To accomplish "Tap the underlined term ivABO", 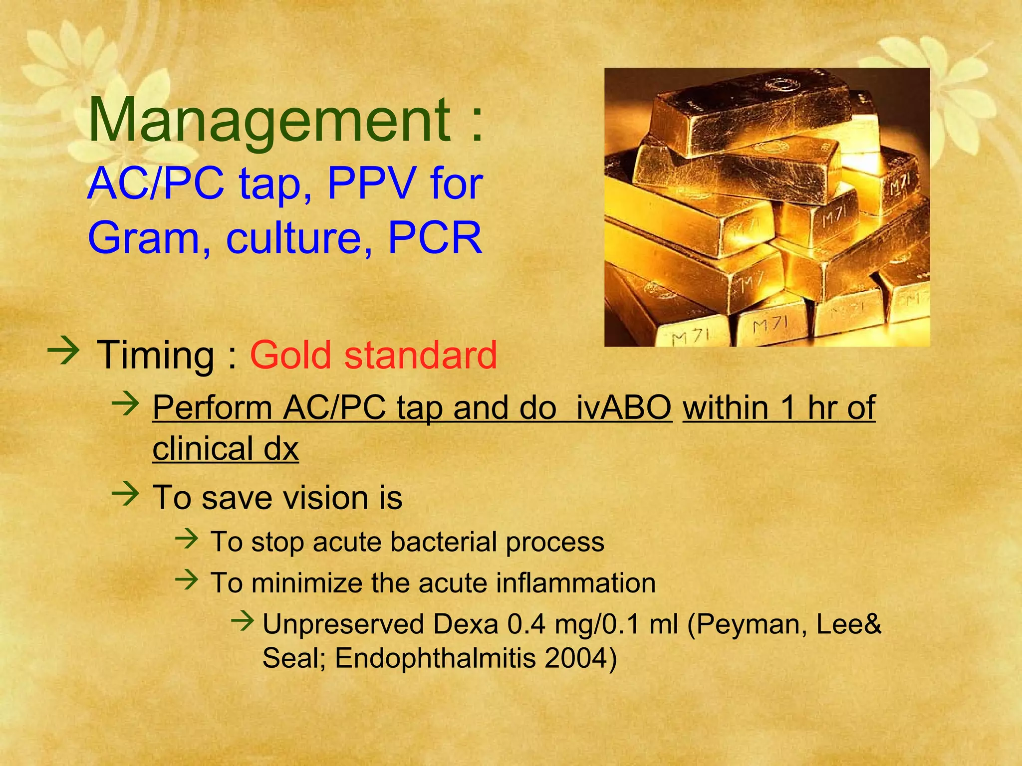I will pyautogui.click(x=624, y=408).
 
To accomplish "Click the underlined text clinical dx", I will pyautogui.click(x=226, y=448).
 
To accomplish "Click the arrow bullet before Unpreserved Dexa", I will pyautogui.click(x=243, y=621).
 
